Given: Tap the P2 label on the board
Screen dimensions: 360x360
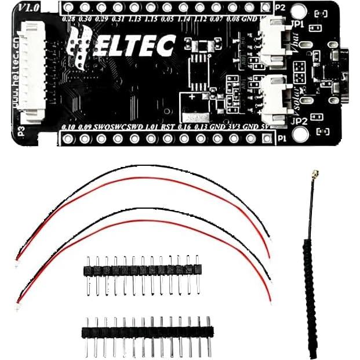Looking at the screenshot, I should point(281,8).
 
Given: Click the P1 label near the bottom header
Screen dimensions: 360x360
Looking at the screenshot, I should point(282,139).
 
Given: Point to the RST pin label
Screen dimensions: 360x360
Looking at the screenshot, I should point(168,126).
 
